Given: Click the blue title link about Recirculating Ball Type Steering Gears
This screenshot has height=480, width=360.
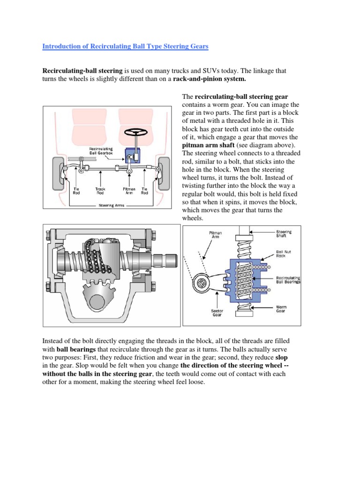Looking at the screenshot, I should (x=125, y=46).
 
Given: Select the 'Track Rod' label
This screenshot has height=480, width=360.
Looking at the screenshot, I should (x=100, y=191).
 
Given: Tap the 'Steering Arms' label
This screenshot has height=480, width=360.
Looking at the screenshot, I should (x=111, y=205).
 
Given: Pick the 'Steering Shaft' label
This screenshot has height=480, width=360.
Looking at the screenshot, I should (x=284, y=234).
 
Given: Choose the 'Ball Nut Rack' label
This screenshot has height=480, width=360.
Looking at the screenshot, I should (x=284, y=254).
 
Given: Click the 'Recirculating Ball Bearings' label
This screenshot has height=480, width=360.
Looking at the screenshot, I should (x=288, y=280).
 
